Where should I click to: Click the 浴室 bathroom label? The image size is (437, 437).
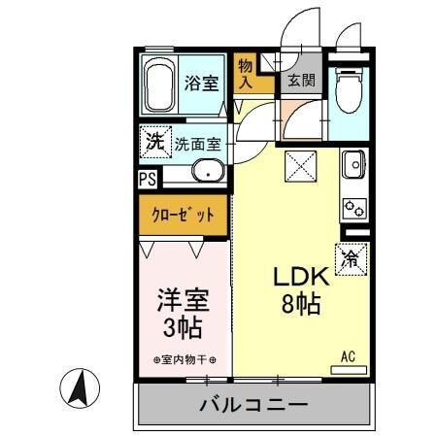point(202,84)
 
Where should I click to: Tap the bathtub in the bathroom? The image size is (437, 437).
point(159,85)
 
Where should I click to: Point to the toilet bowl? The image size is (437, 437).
point(348,92)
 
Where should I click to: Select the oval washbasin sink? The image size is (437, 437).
point(207,173)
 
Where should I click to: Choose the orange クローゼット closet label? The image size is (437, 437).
point(181,215)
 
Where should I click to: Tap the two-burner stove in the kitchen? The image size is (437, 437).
point(353,207)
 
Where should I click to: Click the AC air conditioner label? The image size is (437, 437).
point(348,356)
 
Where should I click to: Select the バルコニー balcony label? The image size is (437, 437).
point(253,404)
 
